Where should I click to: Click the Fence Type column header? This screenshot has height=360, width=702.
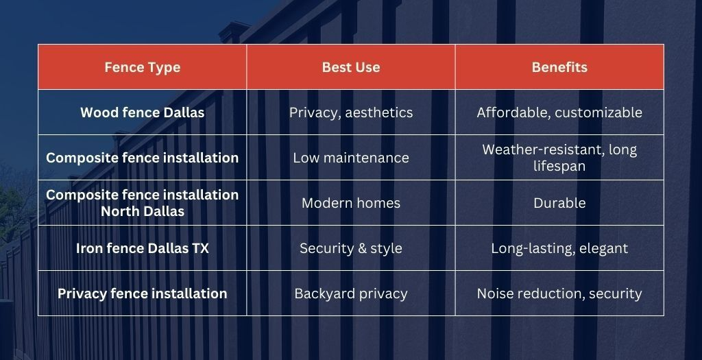(x=143, y=67)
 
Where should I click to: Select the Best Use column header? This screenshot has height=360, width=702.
(x=351, y=67)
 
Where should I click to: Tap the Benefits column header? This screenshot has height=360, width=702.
(x=559, y=67)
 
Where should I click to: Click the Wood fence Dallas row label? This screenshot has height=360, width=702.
(x=143, y=112)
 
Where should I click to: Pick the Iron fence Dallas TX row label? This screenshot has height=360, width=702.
(x=143, y=248)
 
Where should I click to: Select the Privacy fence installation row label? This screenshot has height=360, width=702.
(x=143, y=293)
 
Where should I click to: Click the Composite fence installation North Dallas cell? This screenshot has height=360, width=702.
(x=143, y=203)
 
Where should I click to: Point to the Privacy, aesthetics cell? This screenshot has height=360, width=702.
(x=351, y=112)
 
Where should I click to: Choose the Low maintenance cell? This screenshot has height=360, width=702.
(x=351, y=158)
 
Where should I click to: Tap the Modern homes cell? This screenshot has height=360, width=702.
(x=351, y=203)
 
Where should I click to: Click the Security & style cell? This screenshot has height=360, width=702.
(x=351, y=248)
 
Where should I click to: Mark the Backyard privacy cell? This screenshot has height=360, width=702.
(x=351, y=293)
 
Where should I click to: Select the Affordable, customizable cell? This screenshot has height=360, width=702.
(x=559, y=112)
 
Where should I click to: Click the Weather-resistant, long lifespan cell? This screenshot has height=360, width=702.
(x=559, y=158)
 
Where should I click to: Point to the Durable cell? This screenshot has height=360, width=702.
(x=559, y=203)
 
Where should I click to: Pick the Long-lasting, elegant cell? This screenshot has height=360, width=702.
(x=559, y=248)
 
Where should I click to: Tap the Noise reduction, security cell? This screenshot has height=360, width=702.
(x=559, y=293)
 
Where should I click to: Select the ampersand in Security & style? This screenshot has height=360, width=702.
(x=351, y=248)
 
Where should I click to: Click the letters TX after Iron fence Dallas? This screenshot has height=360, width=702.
(x=201, y=248)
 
